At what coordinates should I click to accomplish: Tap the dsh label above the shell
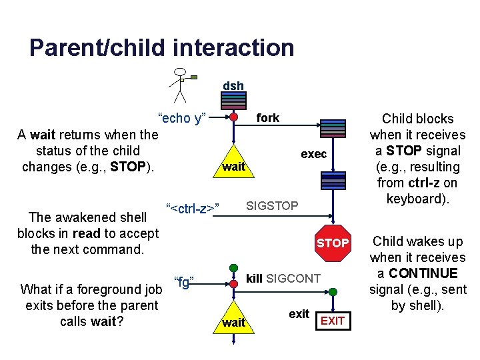233,86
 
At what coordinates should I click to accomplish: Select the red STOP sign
333,243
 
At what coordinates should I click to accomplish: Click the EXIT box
333,321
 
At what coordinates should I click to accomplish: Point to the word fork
268,118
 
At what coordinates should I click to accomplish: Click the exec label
313,154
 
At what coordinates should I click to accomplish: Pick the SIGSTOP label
273,205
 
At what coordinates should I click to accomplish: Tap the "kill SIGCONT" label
283,278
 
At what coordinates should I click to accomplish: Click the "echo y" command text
182,118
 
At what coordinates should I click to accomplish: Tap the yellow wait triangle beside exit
233,318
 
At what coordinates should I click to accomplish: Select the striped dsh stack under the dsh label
234,100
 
